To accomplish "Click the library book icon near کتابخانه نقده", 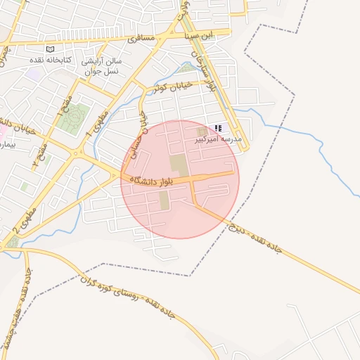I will pyautogui.click(x=49, y=49).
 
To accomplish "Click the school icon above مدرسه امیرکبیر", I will pyautogui.click(x=218, y=129).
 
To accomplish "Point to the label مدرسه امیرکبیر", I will pyautogui.click(x=218, y=140).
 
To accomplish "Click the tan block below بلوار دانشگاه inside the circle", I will pyautogui.click(x=165, y=200).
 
